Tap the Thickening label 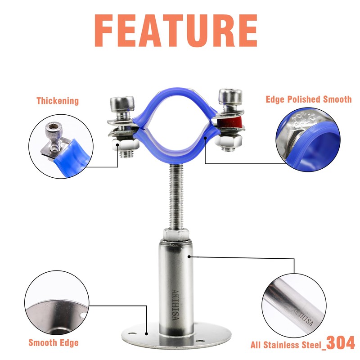point(58,101)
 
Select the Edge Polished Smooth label point(308,99)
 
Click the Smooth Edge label point(54,343)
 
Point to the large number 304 point(340,342)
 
